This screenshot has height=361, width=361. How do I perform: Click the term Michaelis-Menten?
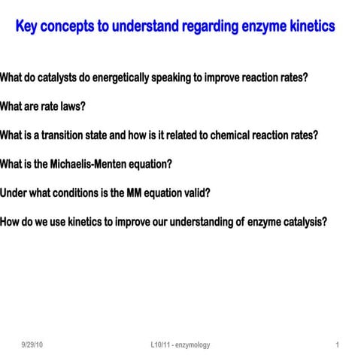point(88,164)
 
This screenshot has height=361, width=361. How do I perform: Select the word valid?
point(196,193)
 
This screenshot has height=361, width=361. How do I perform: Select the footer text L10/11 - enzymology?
point(180,344)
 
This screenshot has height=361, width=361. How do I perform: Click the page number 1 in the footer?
point(338,344)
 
